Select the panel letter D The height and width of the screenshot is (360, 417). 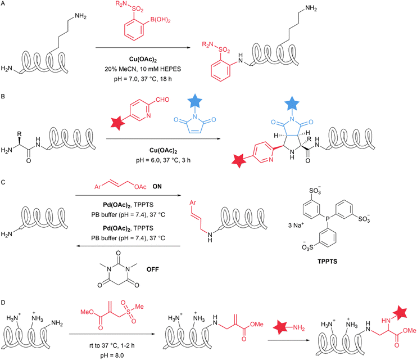(3, 303)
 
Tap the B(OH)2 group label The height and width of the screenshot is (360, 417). (160, 20)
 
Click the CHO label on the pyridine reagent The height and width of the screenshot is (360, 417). (162, 100)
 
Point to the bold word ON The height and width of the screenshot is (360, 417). (157, 186)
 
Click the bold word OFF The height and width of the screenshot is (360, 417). (153, 269)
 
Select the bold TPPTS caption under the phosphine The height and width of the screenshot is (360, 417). (327, 262)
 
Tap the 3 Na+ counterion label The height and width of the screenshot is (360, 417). (296, 225)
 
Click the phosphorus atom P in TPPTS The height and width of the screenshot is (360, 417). (328, 218)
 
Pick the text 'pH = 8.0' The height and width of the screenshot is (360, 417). (112, 355)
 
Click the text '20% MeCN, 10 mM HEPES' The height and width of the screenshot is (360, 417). (143, 69)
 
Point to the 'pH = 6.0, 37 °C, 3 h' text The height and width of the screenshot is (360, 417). (163, 160)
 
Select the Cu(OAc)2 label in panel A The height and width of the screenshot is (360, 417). (143, 59)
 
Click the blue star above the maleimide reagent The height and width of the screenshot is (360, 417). (195, 101)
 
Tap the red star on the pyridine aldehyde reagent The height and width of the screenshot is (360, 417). (117, 123)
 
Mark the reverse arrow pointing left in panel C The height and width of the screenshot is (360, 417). (129, 246)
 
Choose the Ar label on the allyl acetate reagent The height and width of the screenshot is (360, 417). (98, 187)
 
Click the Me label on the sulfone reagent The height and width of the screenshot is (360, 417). (139, 307)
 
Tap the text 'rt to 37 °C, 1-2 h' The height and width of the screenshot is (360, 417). (112, 345)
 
